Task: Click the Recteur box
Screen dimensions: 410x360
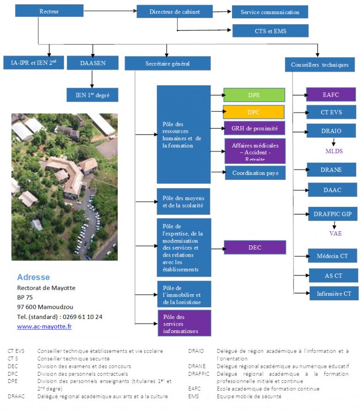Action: point(49,11)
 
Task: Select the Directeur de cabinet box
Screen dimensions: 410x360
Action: point(174,12)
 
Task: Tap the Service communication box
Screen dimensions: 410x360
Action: point(270,12)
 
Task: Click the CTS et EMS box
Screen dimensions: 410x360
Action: point(270,31)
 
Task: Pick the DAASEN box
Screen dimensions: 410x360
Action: point(93,63)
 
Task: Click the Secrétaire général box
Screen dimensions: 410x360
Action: point(167,63)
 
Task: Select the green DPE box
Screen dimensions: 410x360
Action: point(254,95)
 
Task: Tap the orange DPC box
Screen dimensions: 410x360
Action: point(254,112)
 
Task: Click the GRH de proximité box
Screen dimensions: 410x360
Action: point(255,128)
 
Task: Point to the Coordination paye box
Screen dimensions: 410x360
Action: point(255,173)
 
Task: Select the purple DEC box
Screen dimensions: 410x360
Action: point(255,247)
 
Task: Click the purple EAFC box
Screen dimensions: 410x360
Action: point(331,94)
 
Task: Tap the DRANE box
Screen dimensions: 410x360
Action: point(331,169)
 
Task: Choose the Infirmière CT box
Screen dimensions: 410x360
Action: point(334,294)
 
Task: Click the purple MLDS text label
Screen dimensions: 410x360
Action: point(334,151)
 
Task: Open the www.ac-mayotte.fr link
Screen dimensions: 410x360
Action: point(45,326)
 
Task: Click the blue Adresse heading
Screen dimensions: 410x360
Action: point(33,277)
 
